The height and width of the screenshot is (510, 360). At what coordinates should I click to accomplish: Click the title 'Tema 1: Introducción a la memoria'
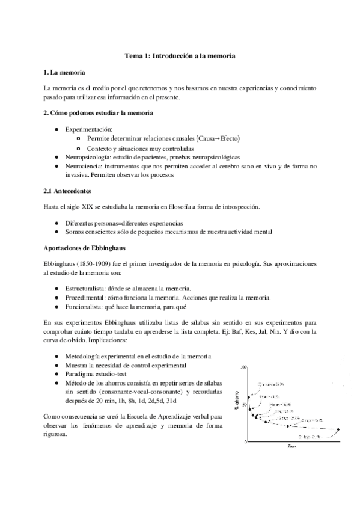[180, 55]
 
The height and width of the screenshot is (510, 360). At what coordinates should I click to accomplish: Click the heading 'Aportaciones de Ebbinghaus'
[81, 248]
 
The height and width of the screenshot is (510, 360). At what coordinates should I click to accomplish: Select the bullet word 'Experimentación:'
[89, 129]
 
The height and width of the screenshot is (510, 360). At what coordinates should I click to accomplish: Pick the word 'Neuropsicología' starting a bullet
[88, 156]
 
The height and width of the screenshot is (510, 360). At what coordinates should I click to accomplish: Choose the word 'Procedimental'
[87, 298]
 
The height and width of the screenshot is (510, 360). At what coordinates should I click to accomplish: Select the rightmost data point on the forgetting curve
[338, 429]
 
